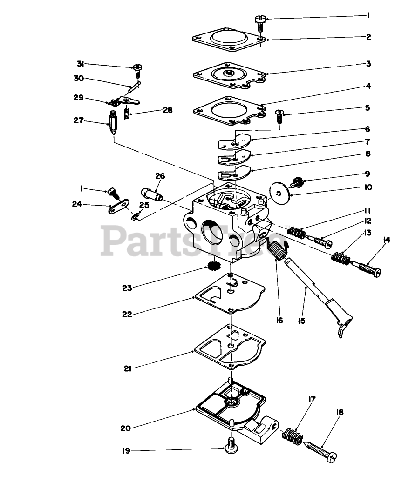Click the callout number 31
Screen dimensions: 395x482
(x=80, y=64)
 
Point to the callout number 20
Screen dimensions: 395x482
(x=125, y=428)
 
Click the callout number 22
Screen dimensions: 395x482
(x=126, y=314)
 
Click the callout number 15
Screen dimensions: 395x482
(x=301, y=321)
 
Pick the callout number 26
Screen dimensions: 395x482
(x=160, y=176)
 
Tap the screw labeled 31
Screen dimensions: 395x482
(x=137, y=71)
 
